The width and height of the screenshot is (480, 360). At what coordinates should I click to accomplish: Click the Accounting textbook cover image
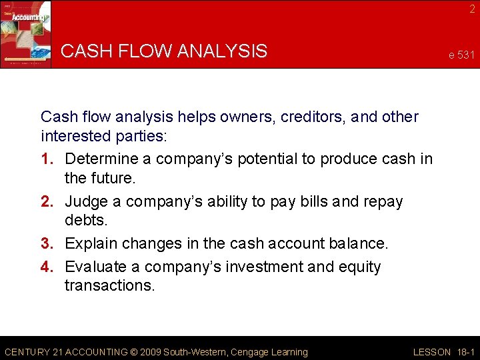(26, 33)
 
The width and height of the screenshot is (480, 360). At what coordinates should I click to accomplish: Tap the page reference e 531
(461, 55)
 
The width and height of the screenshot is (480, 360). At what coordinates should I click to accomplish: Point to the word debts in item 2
(85, 221)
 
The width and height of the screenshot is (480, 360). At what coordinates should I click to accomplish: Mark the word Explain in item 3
(93, 245)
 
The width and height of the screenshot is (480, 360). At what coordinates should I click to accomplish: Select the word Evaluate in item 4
(97, 267)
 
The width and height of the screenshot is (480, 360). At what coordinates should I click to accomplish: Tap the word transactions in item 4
(109, 285)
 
